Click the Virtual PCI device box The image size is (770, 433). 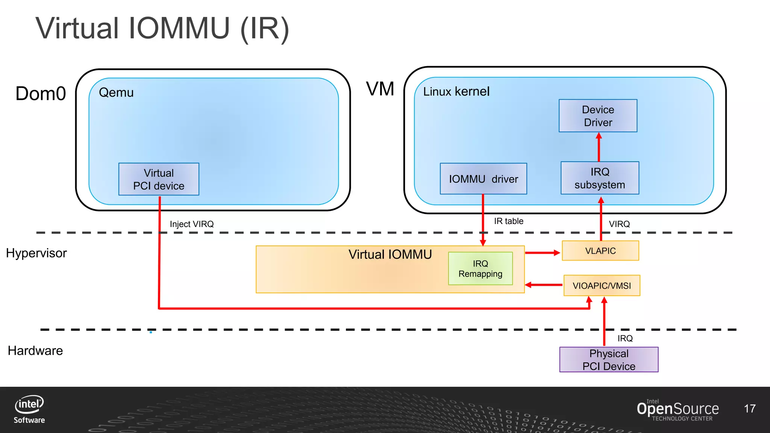[159, 179]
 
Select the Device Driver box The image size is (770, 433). [598, 116]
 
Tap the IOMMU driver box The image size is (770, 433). [483, 179]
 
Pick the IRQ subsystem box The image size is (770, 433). [600, 178]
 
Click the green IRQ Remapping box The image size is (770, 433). [480, 269]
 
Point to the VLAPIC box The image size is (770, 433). [600, 251]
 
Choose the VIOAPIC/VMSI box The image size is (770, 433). [602, 286]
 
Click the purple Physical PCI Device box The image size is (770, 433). [609, 360]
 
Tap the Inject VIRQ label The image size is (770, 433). [192, 224]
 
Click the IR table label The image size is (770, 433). [508, 221]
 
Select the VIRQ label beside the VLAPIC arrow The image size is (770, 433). [619, 224]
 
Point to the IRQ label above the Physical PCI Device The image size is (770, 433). [625, 338]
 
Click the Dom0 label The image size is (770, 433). [41, 94]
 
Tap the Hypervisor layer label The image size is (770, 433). [36, 253]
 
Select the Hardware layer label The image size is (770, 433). [35, 351]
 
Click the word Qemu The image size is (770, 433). [116, 92]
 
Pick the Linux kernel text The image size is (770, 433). [456, 91]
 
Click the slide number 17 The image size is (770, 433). [749, 409]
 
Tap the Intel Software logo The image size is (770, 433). [29, 409]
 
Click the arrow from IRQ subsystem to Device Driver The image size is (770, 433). [599, 147]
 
